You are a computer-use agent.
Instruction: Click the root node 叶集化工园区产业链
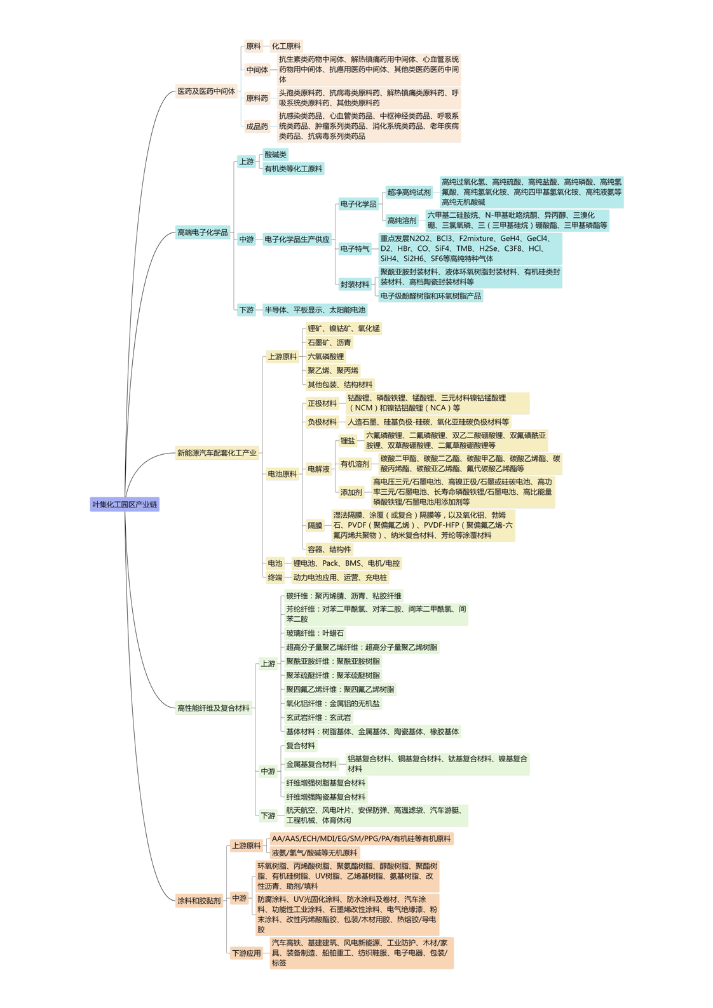pos(125,505)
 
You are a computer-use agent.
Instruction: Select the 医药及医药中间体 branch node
pos(207,91)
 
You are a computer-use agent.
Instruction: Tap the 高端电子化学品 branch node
pos(202,232)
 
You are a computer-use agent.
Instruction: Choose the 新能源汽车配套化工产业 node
pos(217,453)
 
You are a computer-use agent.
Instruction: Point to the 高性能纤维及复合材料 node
pos(213,708)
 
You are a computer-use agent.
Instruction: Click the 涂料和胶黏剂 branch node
pos(199,901)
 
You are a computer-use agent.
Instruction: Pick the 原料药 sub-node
pos(257,98)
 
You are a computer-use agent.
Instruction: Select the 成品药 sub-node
pos(257,126)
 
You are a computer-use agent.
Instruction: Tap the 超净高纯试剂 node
pos(409,192)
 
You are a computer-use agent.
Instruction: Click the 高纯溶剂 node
pos(402,220)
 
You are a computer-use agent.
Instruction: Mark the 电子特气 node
pos(355,249)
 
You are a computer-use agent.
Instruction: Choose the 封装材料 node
pos(355,285)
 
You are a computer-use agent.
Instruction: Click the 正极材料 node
pos(322,403)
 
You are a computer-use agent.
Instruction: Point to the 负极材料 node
pos(322,422)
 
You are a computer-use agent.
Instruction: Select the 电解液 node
pos(318,469)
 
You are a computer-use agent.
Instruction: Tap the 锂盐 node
pos(348,441)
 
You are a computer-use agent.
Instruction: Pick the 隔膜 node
pos(315,526)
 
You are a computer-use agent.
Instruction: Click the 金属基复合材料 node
pos(311,765)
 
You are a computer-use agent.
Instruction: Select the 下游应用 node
pos(247,953)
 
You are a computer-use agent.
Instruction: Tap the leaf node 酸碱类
pos(275,155)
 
